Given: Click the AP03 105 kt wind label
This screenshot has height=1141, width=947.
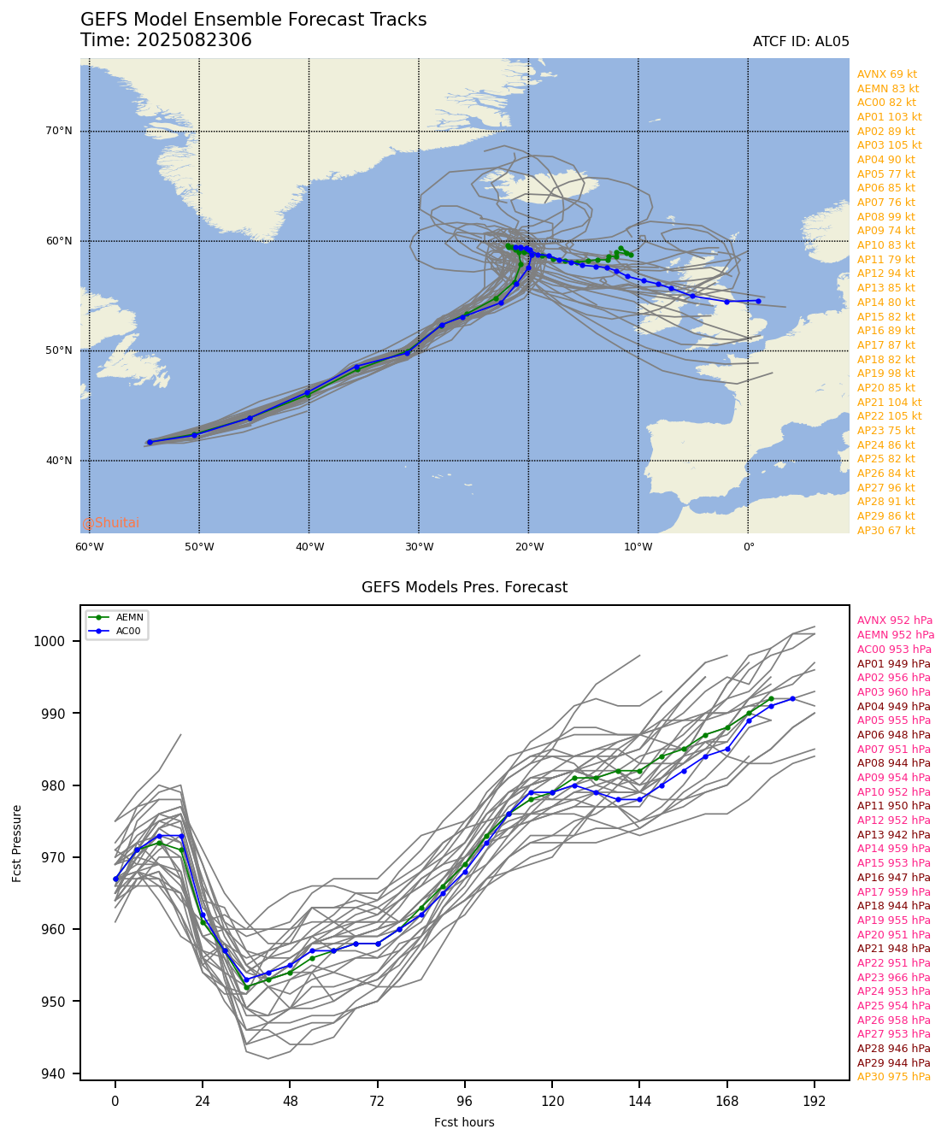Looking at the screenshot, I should pyautogui.click(x=890, y=145).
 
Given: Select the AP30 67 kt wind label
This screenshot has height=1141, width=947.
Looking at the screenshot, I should pyautogui.click(x=885, y=531).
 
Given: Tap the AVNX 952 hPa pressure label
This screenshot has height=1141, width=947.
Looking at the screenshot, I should pyautogui.click(x=895, y=620).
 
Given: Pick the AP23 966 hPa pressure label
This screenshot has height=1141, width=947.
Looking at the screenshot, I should pyautogui.click(x=895, y=978).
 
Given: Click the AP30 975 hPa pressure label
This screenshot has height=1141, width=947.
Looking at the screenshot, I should pyautogui.click(x=895, y=1077).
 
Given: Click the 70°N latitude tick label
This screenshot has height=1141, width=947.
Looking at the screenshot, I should pyautogui.click(x=58, y=132).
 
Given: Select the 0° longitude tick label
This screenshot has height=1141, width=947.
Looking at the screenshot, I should pyautogui.click(x=748, y=547).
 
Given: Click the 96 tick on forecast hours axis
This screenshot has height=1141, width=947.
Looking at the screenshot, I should pyautogui.click(x=465, y=1102).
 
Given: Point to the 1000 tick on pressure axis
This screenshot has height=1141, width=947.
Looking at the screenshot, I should pyautogui.click(x=56, y=641).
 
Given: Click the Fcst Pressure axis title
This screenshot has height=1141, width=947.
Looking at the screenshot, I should pyautogui.click(x=18, y=843).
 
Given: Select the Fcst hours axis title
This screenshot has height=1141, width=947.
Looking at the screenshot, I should pyautogui.click(x=464, y=1122).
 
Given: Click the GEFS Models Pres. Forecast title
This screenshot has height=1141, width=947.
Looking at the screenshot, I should pyautogui.click(x=464, y=587).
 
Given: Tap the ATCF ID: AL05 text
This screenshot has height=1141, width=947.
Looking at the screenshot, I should pyautogui.click(x=801, y=42).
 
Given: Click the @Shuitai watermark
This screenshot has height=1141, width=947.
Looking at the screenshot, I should pyautogui.click(x=110, y=523).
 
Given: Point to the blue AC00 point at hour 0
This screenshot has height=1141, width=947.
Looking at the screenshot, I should pyautogui.click(x=115, y=879).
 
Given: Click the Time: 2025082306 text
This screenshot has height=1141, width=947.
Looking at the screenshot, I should pyautogui.click(x=166, y=40).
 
